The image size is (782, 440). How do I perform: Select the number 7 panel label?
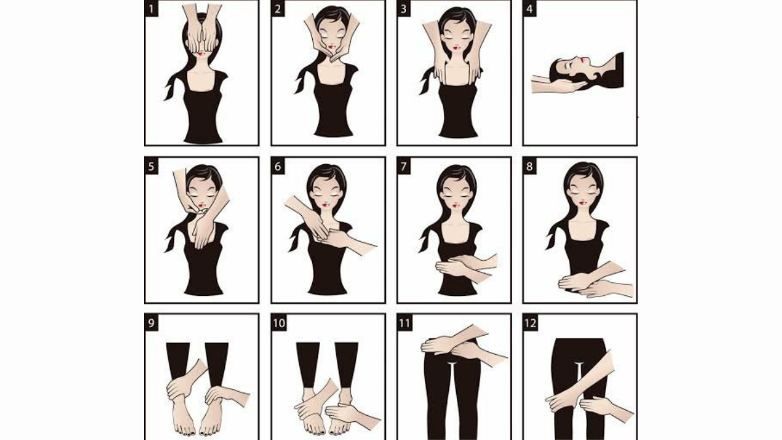coord(404,166)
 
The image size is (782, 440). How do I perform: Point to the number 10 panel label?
coord(279,323)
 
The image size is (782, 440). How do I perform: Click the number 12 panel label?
coord(530,323)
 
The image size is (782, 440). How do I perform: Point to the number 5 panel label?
coord(152,166)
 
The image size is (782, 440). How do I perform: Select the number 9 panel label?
coord(152,323)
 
